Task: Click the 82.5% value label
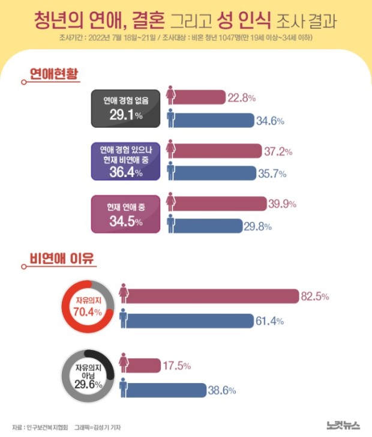[316, 296]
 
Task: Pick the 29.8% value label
[260, 226]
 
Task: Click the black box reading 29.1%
[126, 108]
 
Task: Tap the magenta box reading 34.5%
[126, 214]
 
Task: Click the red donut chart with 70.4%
[87, 309]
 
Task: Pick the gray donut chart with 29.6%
[87, 376]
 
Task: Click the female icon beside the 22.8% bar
[171, 96]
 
